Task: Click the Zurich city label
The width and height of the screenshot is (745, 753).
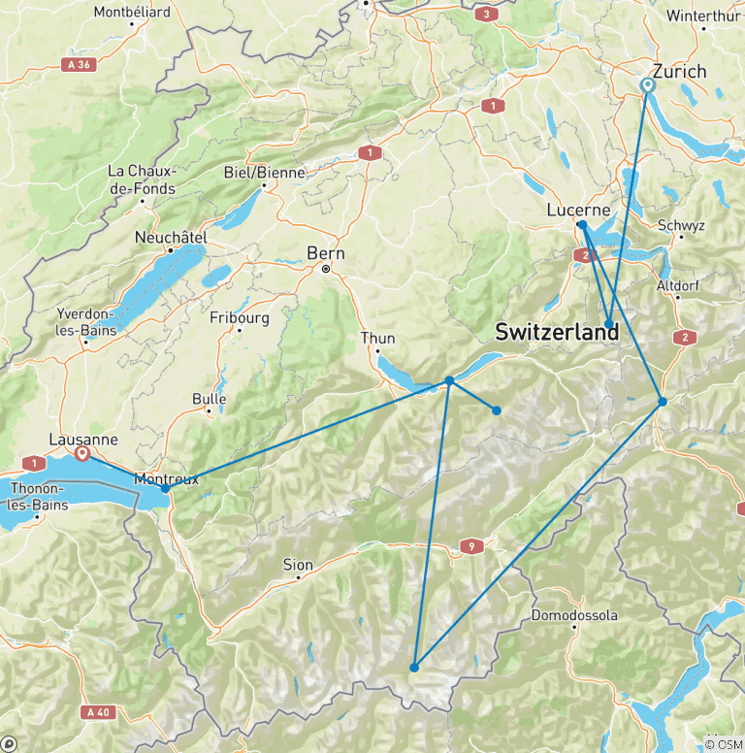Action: [680, 72]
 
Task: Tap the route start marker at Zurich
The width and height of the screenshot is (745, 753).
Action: [648, 85]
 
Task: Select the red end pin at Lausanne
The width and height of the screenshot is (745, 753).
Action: [83, 452]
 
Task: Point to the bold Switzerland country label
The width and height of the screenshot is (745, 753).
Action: [556, 332]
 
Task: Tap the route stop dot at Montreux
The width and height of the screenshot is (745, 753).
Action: [166, 488]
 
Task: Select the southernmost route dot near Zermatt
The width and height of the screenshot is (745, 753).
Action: [414, 668]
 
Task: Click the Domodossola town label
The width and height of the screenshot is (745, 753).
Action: [573, 616]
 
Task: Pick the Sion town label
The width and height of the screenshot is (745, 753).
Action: [298, 565]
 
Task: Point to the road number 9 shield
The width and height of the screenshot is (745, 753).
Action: [472, 546]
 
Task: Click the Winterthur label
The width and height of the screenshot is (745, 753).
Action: [703, 16]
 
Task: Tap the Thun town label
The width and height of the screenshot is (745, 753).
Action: [377, 338]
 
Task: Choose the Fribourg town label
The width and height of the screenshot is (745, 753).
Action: [239, 317]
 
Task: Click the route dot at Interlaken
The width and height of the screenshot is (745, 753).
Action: [450, 380]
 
